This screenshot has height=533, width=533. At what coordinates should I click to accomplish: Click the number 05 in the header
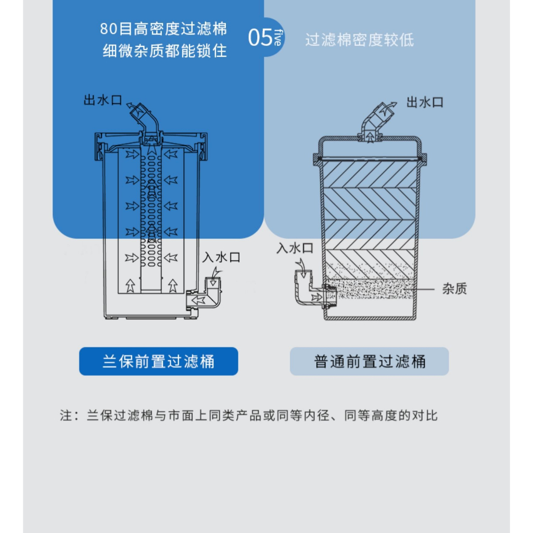click(260, 37)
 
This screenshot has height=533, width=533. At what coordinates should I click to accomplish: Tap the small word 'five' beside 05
click(278, 37)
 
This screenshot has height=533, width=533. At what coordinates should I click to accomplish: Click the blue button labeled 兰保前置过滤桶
click(158, 361)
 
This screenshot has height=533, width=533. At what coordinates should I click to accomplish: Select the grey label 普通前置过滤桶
click(369, 361)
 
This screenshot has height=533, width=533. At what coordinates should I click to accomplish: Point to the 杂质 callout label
click(454, 289)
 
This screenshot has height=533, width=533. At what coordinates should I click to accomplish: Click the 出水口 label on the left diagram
click(103, 100)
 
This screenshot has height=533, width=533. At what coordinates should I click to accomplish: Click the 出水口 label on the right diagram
click(425, 101)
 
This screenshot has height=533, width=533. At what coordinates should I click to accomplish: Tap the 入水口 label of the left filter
click(221, 257)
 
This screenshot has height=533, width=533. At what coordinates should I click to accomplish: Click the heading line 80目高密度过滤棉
click(163, 29)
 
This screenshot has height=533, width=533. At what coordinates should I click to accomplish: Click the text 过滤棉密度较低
click(359, 40)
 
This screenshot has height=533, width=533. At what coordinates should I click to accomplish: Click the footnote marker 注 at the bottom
click(66, 416)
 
